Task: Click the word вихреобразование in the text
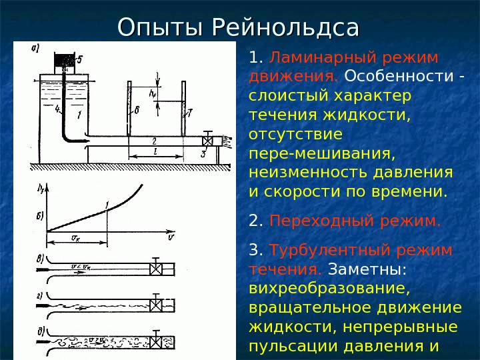[x=327, y=290]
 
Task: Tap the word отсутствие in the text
[x=295, y=135]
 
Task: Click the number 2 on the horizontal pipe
[x=154, y=141]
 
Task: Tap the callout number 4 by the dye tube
[x=57, y=108]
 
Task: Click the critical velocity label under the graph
[x=76, y=237]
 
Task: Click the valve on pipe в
[x=157, y=269]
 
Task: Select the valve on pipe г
[x=157, y=304]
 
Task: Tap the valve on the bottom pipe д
[x=157, y=341]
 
